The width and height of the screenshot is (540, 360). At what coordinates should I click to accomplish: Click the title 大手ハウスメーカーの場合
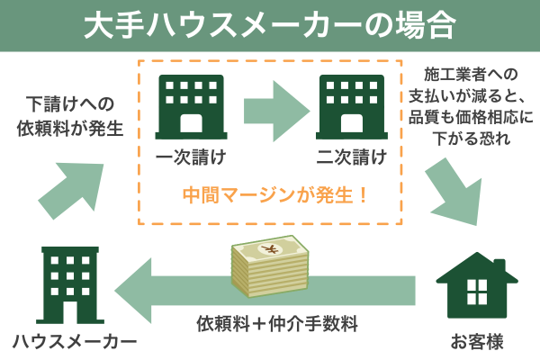(x=269, y=24)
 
